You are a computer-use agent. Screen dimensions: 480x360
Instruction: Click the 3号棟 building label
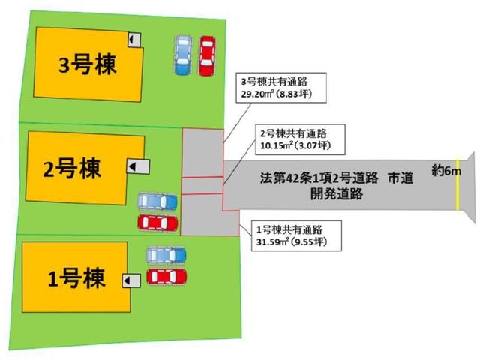pos(88,65)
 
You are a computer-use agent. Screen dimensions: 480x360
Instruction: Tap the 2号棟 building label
pos(72,168)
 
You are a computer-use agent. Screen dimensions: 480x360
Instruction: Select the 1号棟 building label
pos(76,278)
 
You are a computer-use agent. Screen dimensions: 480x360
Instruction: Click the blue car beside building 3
pos(183,55)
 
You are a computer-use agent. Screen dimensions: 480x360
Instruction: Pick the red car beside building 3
pos(207,56)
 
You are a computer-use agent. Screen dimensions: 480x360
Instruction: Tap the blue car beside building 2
pos(157,202)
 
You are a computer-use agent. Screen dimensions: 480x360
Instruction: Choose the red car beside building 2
pos(157,223)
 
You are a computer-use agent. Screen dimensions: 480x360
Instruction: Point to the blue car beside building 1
pos(166,255)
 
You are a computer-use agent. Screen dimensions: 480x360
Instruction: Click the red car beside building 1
pos(166,277)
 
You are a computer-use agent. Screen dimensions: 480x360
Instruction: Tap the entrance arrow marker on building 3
pos(134,40)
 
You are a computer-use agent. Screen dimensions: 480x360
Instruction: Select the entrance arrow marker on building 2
pos(138,166)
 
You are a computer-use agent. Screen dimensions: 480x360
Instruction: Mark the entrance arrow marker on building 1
pos(132,280)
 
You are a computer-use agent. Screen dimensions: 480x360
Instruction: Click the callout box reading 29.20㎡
pos(281,88)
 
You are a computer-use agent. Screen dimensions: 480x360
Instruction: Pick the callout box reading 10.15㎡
pos(300,139)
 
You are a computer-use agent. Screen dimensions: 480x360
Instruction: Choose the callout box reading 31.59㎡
pos(296,235)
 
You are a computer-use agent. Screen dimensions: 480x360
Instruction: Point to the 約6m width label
pos(446,171)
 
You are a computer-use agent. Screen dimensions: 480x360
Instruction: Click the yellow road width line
pos(457,184)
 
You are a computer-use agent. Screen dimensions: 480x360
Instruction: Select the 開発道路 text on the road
pos(337,194)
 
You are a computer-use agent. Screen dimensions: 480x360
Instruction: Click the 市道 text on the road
pos(400,178)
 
